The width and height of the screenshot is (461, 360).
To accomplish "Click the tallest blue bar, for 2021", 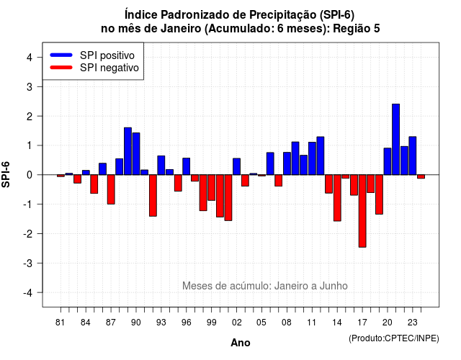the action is (395, 139).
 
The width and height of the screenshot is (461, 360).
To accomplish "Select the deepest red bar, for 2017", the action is (362, 211).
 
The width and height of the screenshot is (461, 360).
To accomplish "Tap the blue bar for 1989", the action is (127, 151).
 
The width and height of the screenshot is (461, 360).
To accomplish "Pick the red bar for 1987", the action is (111, 189).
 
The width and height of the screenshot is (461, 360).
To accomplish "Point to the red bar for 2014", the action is (337, 198).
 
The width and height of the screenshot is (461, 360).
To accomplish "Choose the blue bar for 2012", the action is (321, 156).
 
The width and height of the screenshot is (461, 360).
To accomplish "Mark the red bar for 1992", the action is (153, 195).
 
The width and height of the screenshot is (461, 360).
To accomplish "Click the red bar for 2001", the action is (228, 197).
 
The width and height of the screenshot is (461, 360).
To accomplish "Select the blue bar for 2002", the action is (237, 166).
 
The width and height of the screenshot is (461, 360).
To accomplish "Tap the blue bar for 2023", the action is (413, 156).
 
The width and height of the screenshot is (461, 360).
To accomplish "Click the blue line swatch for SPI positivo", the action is (61, 55).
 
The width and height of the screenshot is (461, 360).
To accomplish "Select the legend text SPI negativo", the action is (109, 68).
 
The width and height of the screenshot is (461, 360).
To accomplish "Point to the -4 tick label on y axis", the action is (29, 293).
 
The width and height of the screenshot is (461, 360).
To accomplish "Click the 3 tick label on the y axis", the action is (30, 86).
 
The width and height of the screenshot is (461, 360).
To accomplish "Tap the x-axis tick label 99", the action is (211, 323).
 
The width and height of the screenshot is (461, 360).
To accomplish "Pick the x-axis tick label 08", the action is (287, 323).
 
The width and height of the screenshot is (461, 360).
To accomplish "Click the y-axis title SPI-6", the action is (6, 174).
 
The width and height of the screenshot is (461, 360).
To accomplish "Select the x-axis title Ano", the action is (241, 343).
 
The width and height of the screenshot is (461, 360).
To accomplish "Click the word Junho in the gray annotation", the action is (334, 286).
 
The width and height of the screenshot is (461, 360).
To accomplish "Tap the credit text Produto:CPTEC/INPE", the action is (394, 338).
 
